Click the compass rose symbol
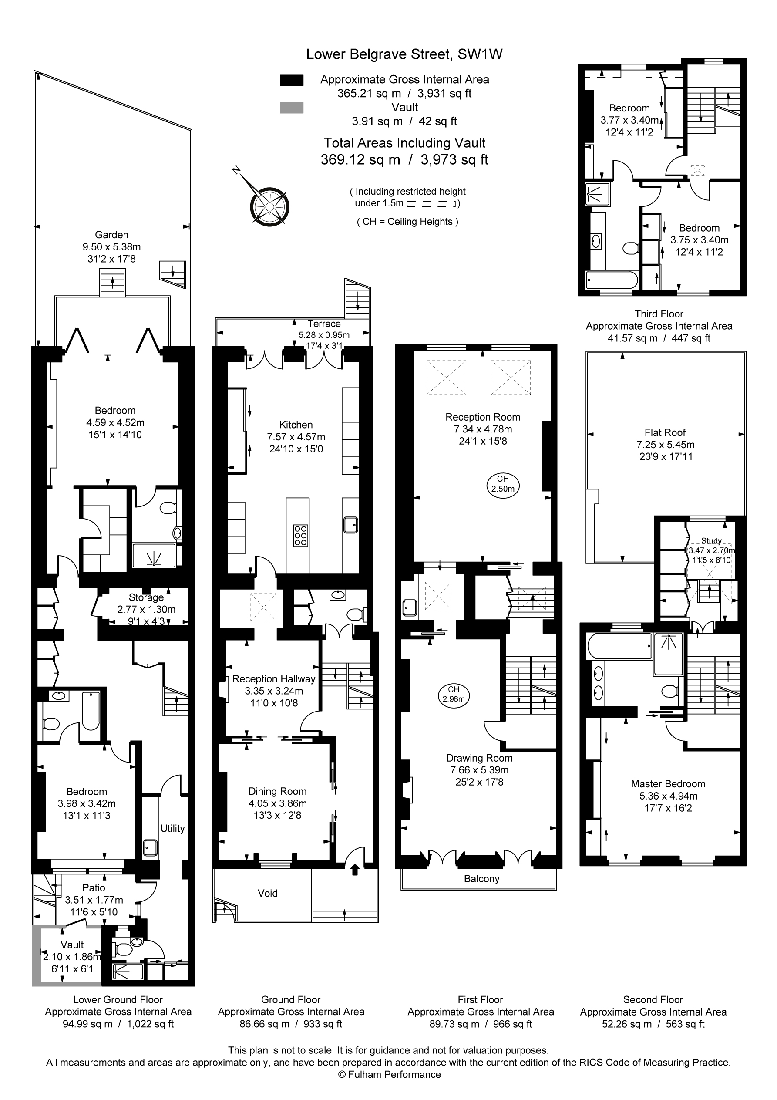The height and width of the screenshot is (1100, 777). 269,206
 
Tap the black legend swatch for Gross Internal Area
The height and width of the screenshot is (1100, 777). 291,80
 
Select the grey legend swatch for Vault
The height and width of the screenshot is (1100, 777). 291,108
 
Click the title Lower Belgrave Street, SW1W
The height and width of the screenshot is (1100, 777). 404,54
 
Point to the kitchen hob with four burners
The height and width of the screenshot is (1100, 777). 300,535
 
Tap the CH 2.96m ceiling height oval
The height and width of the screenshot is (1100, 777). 453,694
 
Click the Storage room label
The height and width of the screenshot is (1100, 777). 146,597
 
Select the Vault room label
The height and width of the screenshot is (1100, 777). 72,945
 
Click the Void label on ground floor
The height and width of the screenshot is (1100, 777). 267,893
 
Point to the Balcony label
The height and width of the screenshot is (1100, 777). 481,879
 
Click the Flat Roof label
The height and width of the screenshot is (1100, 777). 665,432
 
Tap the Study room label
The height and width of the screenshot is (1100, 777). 711,540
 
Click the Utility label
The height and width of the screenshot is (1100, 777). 172,828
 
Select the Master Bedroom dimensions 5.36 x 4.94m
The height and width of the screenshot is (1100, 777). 668,796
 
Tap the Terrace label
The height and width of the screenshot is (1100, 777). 324,324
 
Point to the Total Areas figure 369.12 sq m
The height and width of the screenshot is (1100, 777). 360,159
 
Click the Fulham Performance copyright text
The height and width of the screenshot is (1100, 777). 389,1075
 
